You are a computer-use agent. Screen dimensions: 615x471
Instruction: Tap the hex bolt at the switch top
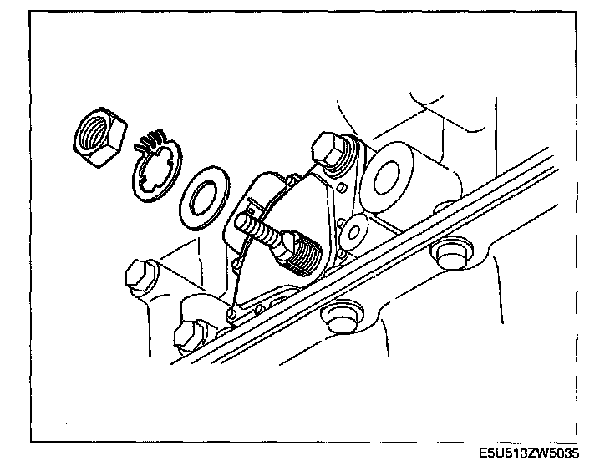click(x=328, y=149)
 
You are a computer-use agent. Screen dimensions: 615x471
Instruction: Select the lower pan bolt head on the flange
click(x=339, y=317)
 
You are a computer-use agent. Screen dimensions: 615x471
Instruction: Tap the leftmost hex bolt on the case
click(x=139, y=276)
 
